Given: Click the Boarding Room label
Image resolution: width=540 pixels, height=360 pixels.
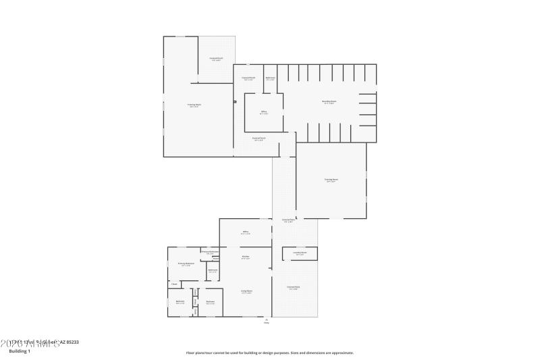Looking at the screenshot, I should tap(329, 102).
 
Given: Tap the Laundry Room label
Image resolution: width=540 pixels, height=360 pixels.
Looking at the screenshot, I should tap(300, 253).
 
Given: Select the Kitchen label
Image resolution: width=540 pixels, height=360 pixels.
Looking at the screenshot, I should tap(246, 257).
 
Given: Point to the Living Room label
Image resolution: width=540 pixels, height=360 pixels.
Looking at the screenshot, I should tap(246, 291).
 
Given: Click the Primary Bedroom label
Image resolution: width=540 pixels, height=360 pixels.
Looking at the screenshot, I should tap(186, 263).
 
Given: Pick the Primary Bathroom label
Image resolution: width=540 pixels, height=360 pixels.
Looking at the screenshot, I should tap(210, 252).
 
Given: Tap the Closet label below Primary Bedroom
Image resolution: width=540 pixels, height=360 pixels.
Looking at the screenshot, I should tap(174, 284).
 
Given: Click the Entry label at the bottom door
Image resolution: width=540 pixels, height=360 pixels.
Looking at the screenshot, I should tap(267, 321).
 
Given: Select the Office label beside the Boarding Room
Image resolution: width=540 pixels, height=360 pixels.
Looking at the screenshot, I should tap(264, 112).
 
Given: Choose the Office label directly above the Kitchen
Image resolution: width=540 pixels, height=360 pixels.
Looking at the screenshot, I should tap(246, 232).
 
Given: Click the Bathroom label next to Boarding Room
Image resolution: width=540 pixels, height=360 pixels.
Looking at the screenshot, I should tap(270, 78).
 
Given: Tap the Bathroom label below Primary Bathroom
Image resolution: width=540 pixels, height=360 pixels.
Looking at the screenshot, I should tap(213, 270).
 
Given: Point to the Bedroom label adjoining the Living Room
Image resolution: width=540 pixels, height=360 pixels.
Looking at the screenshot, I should tap(211, 302).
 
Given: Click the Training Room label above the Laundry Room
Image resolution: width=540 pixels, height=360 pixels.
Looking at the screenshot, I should tap(331, 180).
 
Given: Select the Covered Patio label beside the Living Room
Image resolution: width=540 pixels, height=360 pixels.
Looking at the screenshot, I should tap(293, 288).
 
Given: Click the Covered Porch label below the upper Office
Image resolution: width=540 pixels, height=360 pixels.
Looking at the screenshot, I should tap(259, 138).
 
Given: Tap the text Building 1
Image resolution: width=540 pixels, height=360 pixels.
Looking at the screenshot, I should tap(20, 351).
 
